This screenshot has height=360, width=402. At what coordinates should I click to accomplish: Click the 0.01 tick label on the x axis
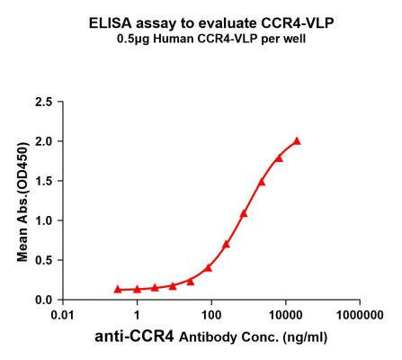(x=63, y=315)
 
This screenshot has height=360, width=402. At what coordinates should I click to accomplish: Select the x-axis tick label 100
(x=211, y=315)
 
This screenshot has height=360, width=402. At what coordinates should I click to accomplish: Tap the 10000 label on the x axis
(x=286, y=315)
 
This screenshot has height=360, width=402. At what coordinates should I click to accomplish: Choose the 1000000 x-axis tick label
(x=360, y=315)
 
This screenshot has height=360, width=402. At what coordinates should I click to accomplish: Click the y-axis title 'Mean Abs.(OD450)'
(x=22, y=200)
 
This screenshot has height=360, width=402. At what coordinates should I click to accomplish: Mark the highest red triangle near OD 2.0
(x=297, y=141)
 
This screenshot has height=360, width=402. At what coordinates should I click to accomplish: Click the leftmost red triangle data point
(x=118, y=289)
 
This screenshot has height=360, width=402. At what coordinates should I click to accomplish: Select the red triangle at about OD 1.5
(x=262, y=182)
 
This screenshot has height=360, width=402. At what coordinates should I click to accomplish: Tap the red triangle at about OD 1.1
(x=244, y=213)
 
